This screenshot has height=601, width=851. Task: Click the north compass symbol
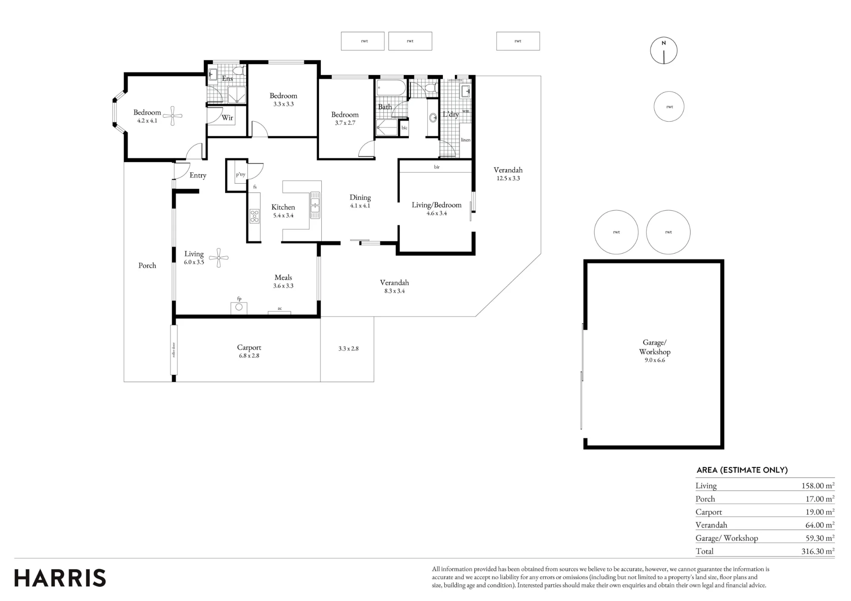pyautogui.click(x=663, y=51)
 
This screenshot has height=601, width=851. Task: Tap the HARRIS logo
pyautogui.click(x=60, y=578)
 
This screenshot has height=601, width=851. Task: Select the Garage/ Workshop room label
pyautogui.click(x=654, y=347)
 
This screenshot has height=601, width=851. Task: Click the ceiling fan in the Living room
pyautogui.click(x=219, y=258)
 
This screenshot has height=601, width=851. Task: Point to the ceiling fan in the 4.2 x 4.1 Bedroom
pyautogui.click(x=173, y=116)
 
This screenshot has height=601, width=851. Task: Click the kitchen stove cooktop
pyautogui.click(x=254, y=216)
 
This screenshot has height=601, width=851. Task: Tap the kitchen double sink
pyautogui.click(x=315, y=205)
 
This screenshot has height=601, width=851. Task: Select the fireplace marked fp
pyautogui.click(x=239, y=308)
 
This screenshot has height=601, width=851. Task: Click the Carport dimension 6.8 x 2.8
pyautogui.click(x=249, y=356)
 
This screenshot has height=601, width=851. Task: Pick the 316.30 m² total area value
pyautogui.click(x=818, y=551)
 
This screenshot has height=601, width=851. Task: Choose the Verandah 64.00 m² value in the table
pyautogui.click(x=820, y=525)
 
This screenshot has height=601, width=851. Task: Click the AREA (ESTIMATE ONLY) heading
pyautogui.click(x=742, y=470)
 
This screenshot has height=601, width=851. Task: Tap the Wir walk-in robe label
pyautogui.click(x=227, y=118)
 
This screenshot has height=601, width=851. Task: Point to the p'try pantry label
pyautogui.click(x=240, y=174)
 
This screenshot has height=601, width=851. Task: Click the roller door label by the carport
pyautogui.click(x=174, y=350)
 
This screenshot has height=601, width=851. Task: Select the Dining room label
pyautogui.click(x=360, y=197)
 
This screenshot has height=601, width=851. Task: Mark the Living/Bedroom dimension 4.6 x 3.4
pyautogui.click(x=437, y=213)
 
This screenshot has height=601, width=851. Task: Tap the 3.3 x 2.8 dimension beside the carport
pyautogui.click(x=348, y=348)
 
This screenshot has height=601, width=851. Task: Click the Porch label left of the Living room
pyautogui.click(x=147, y=265)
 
